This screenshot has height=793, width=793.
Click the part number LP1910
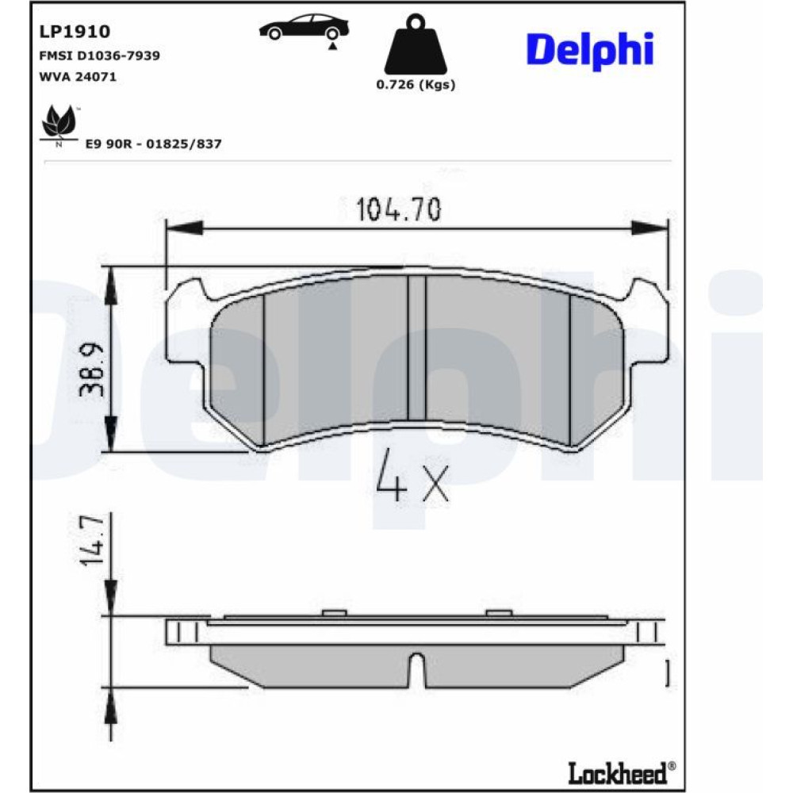(x=75, y=32)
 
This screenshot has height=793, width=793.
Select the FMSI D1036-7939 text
(x=100, y=56)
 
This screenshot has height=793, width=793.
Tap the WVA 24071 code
(x=78, y=76)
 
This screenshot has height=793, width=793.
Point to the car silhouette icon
(x=304, y=27)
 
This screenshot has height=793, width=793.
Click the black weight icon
(x=416, y=44)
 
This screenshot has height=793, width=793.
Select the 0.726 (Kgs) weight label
(x=416, y=85)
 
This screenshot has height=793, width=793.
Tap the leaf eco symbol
(x=59, y=124)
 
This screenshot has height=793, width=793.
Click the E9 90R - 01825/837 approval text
(x=153, y=144)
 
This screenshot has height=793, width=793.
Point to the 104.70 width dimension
(x=399, y=209)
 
